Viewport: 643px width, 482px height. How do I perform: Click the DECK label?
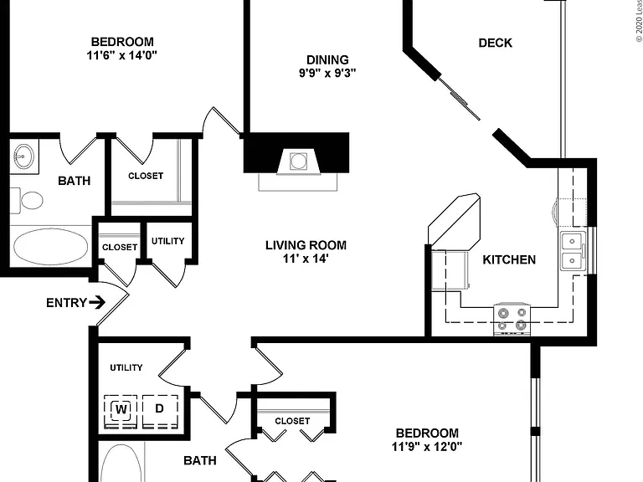click(x=496, y=43)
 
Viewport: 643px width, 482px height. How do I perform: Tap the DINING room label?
click(x=327, y=60)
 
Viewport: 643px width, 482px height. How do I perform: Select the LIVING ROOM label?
click(x=306, y=245)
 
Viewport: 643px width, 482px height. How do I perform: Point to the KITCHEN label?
click(x=509, y=259)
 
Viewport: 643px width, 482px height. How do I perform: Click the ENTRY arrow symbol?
click(x=97, y=303)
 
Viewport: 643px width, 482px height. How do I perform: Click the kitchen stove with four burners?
click(x=512, y=319)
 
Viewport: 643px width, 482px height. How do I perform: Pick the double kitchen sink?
click(x=573, y=250)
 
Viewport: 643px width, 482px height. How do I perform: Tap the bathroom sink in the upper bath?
click(x=23, y=156)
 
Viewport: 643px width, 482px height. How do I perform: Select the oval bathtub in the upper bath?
click(x=50, y=247)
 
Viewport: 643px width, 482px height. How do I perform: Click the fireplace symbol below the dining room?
click(x=298, y=161)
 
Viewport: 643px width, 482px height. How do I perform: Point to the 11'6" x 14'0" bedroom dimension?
click(x=121, y=55)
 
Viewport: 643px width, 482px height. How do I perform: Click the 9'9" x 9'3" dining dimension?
click(x=327, y=74)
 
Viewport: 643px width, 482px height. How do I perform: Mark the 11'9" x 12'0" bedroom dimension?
click(x=427, y=446)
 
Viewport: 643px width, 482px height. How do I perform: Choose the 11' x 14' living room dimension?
click(x=306, y=259)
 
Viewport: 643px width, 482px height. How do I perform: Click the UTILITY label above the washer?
click(x=126, y=367)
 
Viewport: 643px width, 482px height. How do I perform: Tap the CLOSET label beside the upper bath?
click(x=146, y=176)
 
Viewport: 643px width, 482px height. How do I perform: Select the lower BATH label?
click(x=200, y=461)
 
